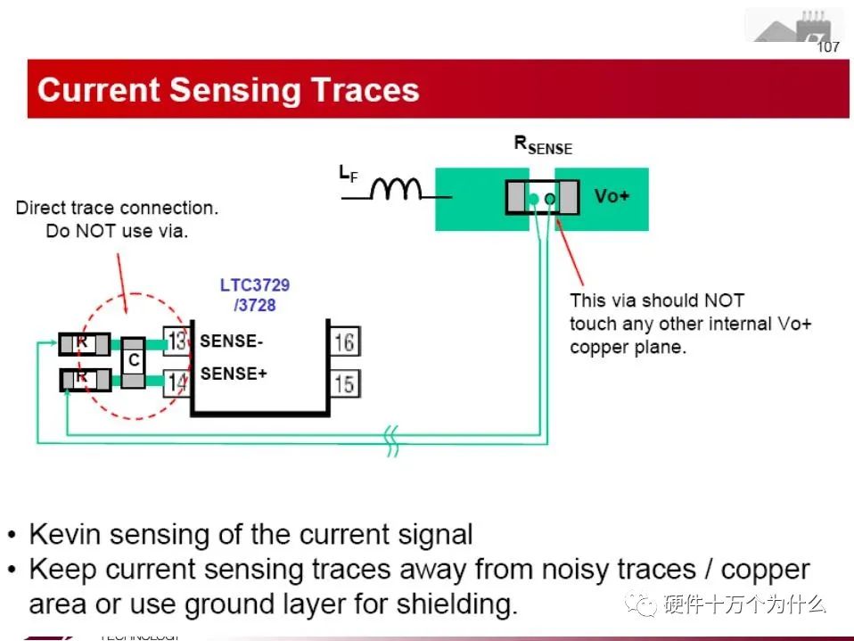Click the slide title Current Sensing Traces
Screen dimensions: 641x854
[228, 90]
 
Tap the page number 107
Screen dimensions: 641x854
[828, 47]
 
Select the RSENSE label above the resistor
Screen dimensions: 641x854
[543, 144]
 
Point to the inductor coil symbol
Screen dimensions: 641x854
[397, 188]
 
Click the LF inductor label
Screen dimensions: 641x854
[348, 174]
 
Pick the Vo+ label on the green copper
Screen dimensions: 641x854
[612, 196]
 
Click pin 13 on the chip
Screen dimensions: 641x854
[177, 341]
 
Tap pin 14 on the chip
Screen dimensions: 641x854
[177, 382]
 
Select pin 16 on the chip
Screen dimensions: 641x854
[344, 341]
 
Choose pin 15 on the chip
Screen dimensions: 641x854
[344, 384]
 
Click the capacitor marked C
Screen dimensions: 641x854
[134, 362]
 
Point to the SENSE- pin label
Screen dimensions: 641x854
[232, 341]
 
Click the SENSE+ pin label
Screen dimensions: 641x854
[234, 374]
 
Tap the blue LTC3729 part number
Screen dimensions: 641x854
[255, 286]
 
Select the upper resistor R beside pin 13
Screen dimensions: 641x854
[84, 343]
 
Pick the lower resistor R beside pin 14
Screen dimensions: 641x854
[84, 380]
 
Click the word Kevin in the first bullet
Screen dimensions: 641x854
[62, 535]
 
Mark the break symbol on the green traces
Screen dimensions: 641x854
[391, 440]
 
